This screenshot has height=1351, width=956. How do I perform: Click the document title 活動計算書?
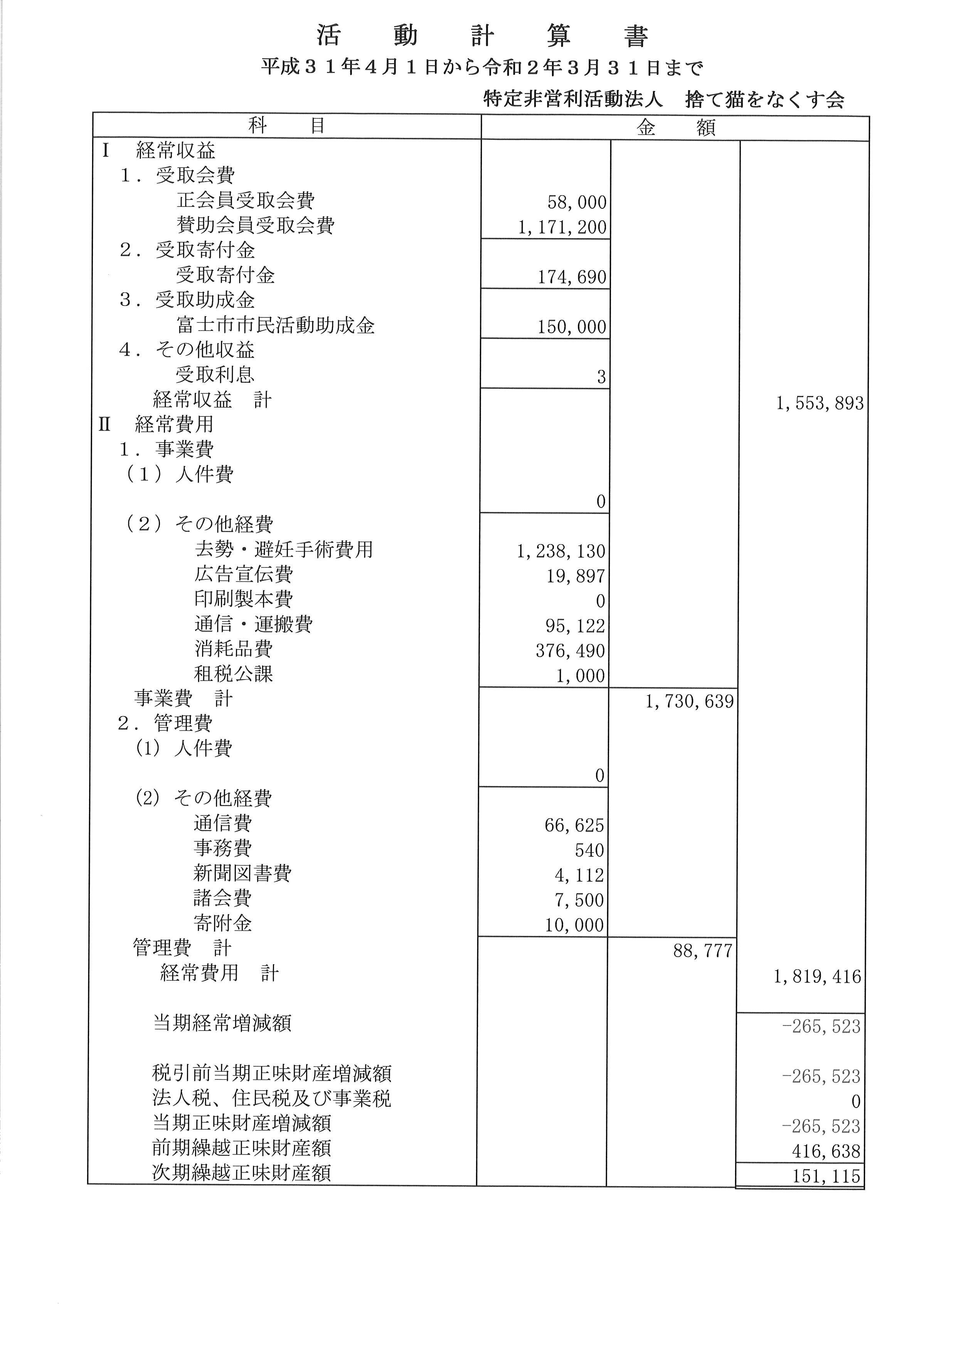coord(482,37)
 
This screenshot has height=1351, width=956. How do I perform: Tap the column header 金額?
coord(675,127)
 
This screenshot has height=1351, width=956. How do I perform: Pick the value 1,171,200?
coord(562,227)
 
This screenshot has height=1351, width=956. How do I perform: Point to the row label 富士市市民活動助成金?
coord(276,326)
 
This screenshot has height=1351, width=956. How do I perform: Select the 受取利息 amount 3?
coord(601,377)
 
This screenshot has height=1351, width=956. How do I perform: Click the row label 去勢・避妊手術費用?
coord(284,550)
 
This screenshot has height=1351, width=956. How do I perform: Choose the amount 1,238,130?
coord(561,551)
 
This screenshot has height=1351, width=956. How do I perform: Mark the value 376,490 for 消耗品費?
coord(570,651)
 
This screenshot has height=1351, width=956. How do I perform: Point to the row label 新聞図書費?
coord(242,873)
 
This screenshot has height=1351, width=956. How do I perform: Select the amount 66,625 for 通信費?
coord(574,826)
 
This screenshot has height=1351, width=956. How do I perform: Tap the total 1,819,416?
coord(817,977)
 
